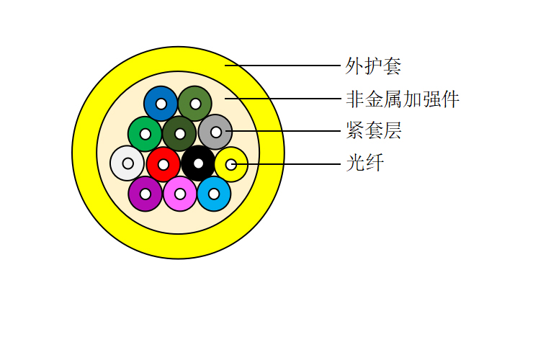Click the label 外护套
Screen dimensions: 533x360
click(x=373, y=66)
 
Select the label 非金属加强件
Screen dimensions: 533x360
click(x=403, y=99)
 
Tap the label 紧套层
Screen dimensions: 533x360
click(x=374, y=130)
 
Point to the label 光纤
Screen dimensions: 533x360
click(x=364, y=163)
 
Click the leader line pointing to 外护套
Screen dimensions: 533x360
click(x=282, y=66)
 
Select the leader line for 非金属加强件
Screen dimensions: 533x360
click(x=283, y=99)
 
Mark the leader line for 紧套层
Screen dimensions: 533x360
click(x=283, y=131)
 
